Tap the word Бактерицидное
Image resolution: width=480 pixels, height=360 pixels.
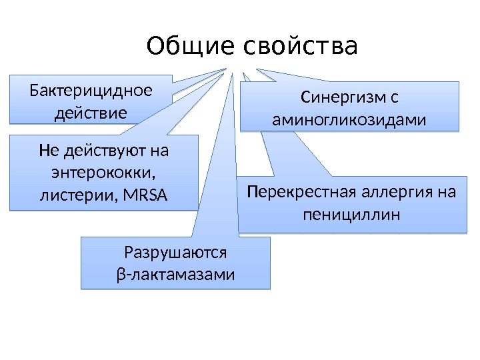91,90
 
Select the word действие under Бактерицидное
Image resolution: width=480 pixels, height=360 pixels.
91,112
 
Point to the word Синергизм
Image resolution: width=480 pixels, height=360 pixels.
342,98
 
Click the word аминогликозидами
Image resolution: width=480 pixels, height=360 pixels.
349,121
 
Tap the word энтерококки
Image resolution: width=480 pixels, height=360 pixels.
103,173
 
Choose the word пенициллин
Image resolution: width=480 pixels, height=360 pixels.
351,215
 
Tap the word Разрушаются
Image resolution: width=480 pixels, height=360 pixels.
176,253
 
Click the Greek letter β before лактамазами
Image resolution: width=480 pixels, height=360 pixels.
120,275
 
